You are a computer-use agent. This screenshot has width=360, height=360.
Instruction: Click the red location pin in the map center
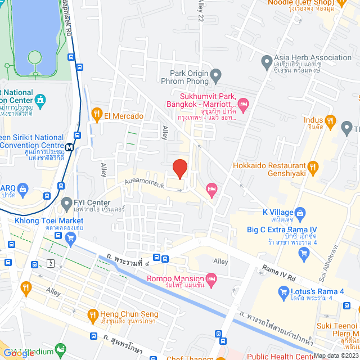tap(179, 168)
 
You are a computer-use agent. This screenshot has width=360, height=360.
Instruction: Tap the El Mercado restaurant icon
tap(97, 115)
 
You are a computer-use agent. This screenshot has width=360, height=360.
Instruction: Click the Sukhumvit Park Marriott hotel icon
tap(243, 103)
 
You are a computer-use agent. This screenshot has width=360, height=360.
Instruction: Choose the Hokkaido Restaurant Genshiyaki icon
tap(313, 166)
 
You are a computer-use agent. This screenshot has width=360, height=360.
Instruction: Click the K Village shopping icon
tap(300, 213)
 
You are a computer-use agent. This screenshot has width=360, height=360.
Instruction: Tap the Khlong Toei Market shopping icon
tap(70, 238)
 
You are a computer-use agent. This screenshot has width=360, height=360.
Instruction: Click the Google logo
tap(19, 353)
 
